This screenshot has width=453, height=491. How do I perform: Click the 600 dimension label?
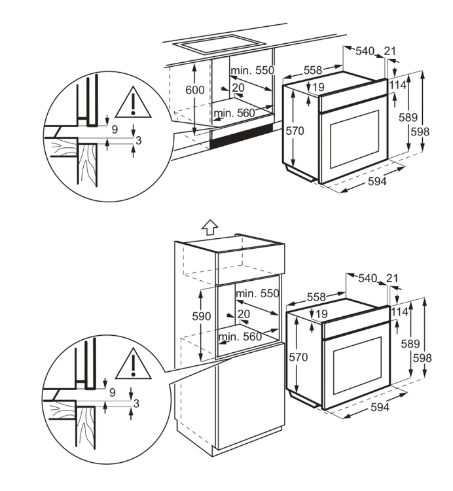(194, 90)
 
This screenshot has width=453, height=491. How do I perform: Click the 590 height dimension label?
(202, 316)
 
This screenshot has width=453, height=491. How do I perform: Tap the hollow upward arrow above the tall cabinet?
(209, 227)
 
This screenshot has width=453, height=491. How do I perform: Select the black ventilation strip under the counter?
(242, 136)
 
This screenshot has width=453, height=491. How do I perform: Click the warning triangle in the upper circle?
(133, 103)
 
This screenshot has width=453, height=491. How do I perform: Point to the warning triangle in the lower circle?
(134, 363)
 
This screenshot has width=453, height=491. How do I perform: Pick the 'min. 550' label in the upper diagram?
(252, 70)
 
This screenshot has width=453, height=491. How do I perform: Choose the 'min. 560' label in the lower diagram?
(240, 336)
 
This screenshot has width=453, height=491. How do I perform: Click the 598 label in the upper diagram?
(420, 132)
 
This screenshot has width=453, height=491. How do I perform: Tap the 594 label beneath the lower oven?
(380, 407)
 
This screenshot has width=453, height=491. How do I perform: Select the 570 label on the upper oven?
(295, 130)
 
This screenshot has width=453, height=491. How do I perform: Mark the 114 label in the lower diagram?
(399, 312)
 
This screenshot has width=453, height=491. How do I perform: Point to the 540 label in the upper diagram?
(365, 51)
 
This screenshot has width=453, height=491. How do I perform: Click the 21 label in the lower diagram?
(392, 278)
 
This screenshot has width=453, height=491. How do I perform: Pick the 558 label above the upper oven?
(313, 71)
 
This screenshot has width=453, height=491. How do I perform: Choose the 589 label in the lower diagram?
(410, 344)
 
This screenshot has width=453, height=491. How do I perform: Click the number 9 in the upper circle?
(115, 130)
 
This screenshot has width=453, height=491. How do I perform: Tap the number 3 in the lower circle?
(136, 403)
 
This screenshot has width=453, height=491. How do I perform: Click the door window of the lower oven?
(357, 366)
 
